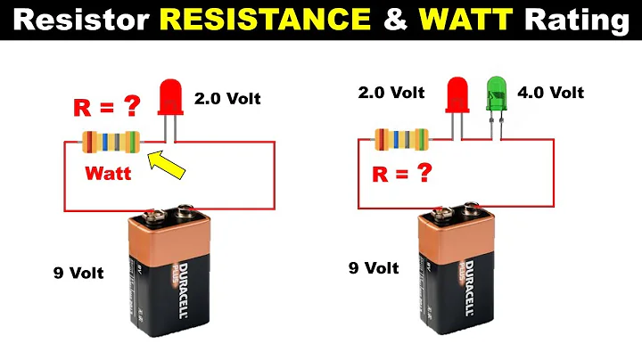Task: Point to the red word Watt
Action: point(109,174)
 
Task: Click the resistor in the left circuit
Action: point(111,141)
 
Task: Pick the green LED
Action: point(495,94)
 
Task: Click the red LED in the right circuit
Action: point(457,94)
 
